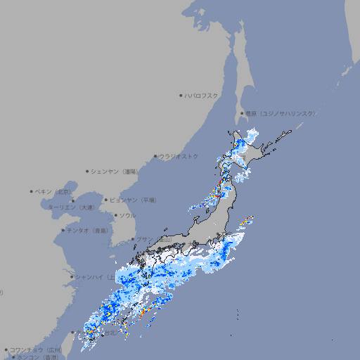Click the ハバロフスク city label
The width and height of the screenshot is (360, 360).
coord(202,95)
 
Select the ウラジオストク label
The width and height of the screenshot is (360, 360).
coord(179,156)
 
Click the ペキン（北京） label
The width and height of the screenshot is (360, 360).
coord(54,191)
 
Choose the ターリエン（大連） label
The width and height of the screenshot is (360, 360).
coord(71,207)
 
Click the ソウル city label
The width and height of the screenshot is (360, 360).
coord(127,215)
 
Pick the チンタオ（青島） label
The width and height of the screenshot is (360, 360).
coord(86,230)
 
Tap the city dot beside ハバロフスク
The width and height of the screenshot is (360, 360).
coord(181,95)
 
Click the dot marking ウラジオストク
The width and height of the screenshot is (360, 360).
coord(155,156)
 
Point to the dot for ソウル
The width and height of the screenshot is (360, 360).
coord(115,215)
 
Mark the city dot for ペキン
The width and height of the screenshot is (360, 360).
coord(32,191)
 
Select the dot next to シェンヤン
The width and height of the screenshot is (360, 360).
coord(87,171)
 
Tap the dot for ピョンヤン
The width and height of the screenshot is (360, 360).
coord(106,200)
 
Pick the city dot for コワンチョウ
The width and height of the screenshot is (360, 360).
coord(6,349)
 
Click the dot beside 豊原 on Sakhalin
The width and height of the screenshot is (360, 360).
coord(242,113)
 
